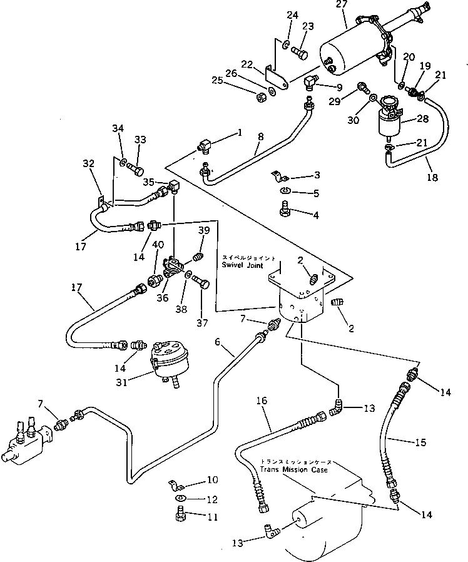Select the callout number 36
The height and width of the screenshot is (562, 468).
click(x=163, y=299)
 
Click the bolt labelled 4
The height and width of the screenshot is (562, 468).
click(x=285, y=209)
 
